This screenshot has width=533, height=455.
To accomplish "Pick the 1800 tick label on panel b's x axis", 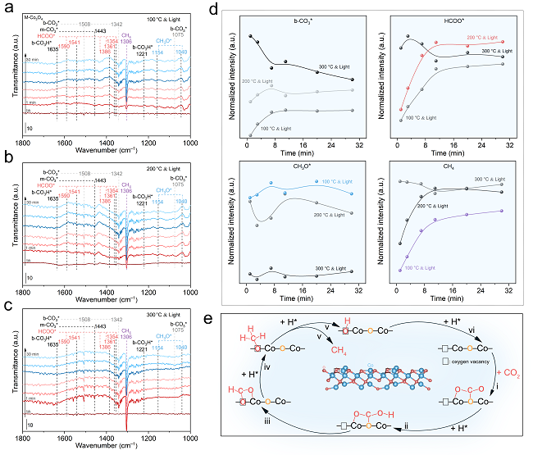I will point(23,289).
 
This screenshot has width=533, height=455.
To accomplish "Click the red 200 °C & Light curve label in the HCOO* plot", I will point(483,38).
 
